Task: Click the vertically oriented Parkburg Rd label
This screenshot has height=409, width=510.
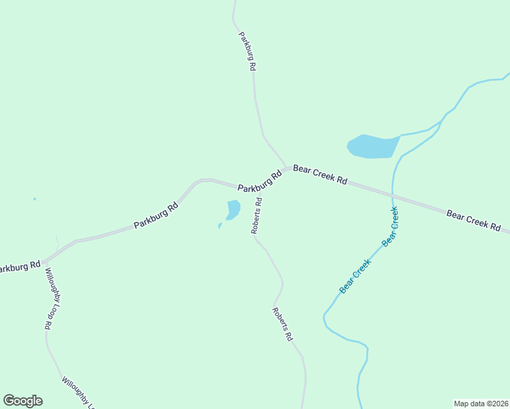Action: (247, 51)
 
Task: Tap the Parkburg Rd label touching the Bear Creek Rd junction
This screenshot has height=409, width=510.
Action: (260, 181)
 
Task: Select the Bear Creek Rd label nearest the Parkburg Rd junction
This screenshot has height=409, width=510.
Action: (320, 175)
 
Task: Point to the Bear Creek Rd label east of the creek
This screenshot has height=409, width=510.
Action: (474, 220)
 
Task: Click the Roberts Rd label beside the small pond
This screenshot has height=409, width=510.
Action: (257, 215)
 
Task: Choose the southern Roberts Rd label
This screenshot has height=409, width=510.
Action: (282, 324)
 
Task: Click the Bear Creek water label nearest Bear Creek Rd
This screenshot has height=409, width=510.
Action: (390, 226)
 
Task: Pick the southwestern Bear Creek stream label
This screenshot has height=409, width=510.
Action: (355, 276)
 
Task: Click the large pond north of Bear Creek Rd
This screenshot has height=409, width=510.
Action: (372, 146)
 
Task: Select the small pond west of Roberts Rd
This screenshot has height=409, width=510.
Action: (232, 209)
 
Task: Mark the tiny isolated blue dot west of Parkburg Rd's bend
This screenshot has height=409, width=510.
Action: (35, 199)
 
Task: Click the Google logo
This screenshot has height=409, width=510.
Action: (22, 401)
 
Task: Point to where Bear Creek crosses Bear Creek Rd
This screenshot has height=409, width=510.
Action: (393, 196)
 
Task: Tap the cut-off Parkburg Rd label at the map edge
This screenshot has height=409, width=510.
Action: (19, 267)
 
